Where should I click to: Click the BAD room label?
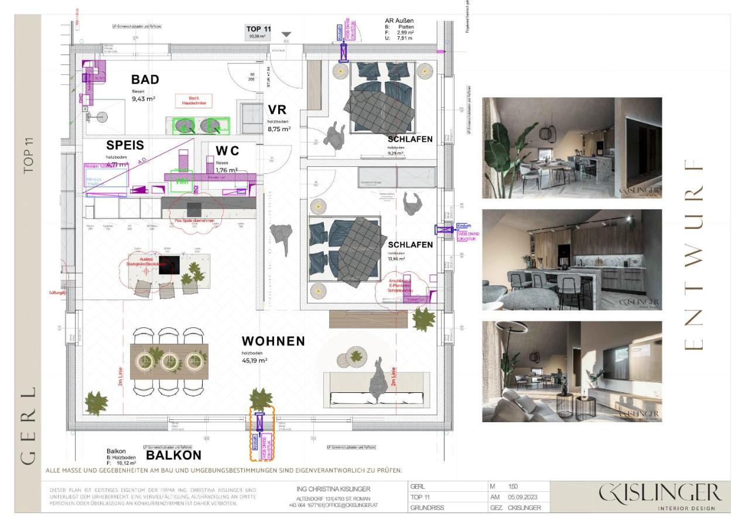[x=145, y=80]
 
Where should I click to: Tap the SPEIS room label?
[x=125, y=145]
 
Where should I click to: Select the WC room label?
[x=227, y=151]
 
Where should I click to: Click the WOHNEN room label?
[x=274, y=341]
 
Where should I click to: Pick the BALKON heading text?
[x=173, y=455]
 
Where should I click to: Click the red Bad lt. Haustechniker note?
[x=194, y=101]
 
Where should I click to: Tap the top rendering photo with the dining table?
[x=572, y=148]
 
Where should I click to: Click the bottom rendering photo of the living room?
[x=572, y=371]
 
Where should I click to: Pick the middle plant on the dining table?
[x=169, y=359]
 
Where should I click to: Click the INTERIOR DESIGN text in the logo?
[x=686, y=508]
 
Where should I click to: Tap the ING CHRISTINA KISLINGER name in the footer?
[x=333, y=489]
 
